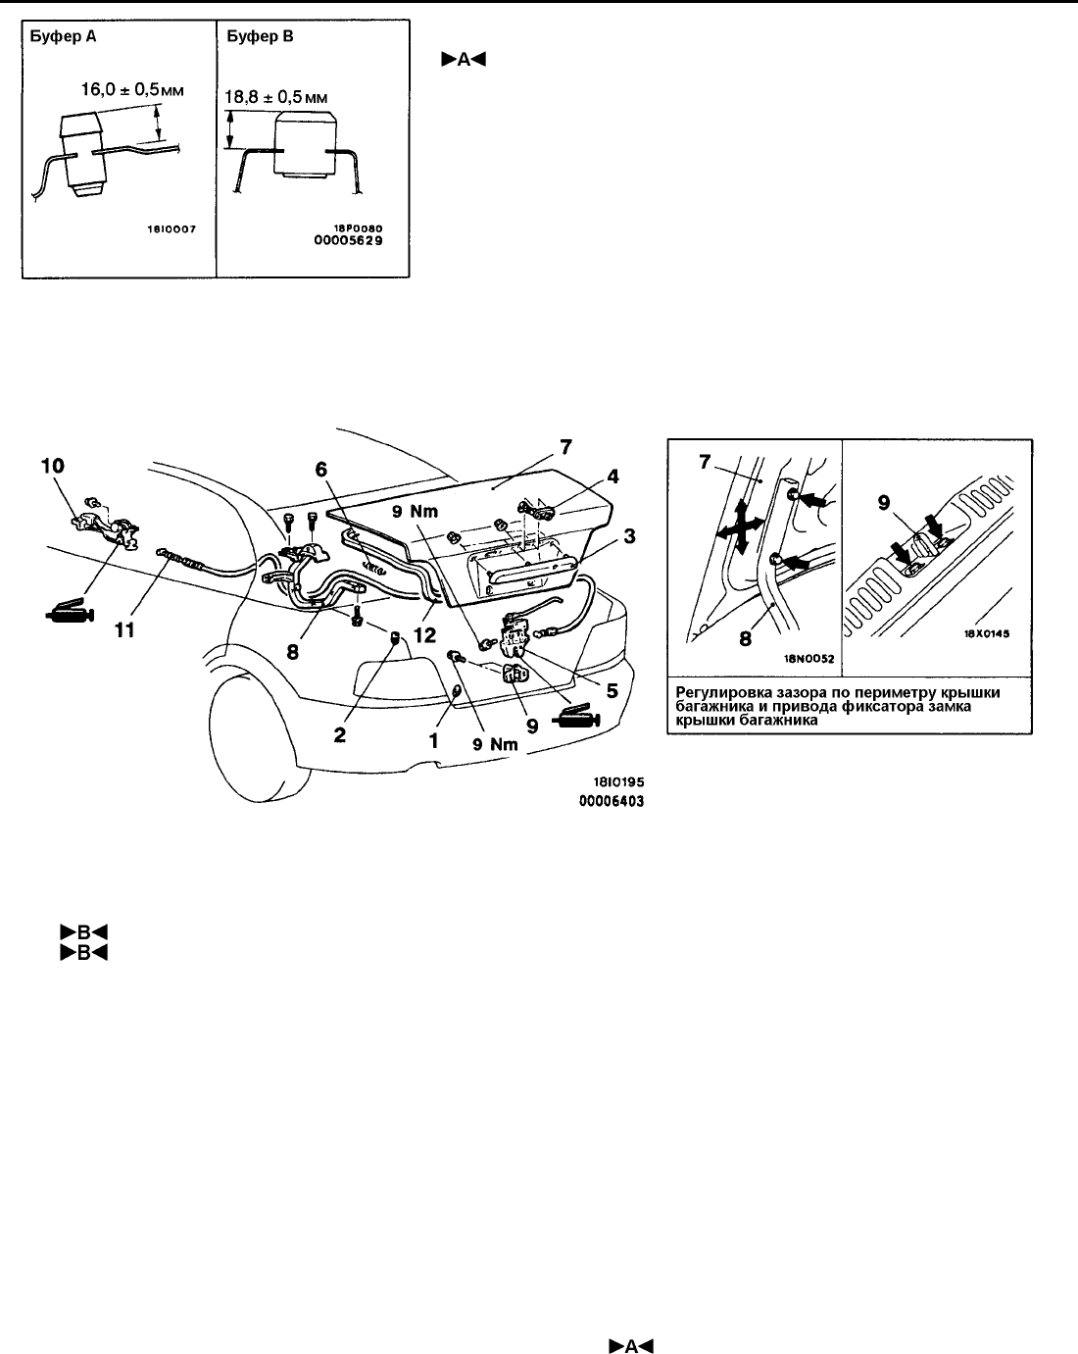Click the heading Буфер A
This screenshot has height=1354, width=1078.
click(x=63, y=36)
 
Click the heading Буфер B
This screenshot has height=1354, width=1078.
click(x=260, y=36)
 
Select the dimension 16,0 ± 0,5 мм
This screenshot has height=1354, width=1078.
click(x=132, y=90)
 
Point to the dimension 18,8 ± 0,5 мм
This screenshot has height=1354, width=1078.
click(x=276, y=97)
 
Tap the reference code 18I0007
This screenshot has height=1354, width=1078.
click(x=171, y=229)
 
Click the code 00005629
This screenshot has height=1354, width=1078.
click(x=349, y=240)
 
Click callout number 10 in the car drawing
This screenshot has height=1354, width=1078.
click(x=53, y=466)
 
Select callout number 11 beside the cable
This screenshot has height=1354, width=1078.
click(x=124, y=629)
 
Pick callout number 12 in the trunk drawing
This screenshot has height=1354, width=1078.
click(x=424, y=635)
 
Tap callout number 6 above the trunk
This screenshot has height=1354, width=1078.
click(x=321, y=470)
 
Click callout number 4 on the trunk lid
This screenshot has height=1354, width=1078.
click(x=612, y=476)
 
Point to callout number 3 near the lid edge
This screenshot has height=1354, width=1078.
click(x=629, y=536)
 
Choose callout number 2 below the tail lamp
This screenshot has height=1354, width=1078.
click(x=340, y=735)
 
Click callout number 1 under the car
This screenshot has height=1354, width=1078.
click(x=433, y=740)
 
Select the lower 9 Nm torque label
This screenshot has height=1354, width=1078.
click(x=495, y=744)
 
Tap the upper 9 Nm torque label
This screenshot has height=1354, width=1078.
click(x=415, y=512)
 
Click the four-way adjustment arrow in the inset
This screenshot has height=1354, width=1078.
click(x=741, y=527)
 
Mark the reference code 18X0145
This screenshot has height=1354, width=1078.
click(x=987, y=633)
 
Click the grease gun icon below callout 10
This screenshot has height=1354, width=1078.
click(x=70, y=611)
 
